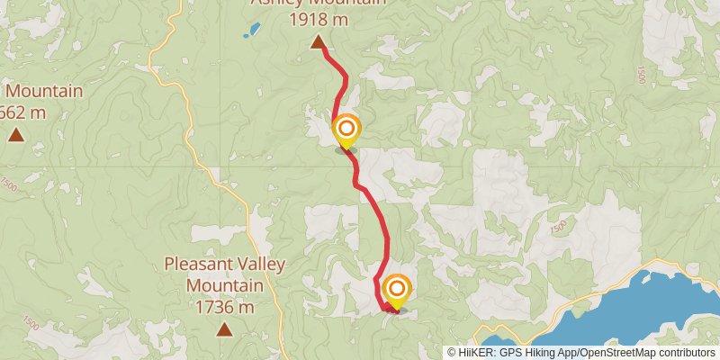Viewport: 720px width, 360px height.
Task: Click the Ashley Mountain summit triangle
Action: [318, 42]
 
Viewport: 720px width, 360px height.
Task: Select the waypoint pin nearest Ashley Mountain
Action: [346, 131]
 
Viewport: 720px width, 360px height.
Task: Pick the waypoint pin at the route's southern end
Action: [396, 291]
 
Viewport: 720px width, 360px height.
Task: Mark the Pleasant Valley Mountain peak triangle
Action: [223, 329]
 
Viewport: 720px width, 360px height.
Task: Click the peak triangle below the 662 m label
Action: [16, 136]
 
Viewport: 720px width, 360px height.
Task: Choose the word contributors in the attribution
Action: [685, 353]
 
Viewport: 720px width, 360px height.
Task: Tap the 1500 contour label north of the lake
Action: [560, 230]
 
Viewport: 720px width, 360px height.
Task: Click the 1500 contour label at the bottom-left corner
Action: [31, 323]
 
